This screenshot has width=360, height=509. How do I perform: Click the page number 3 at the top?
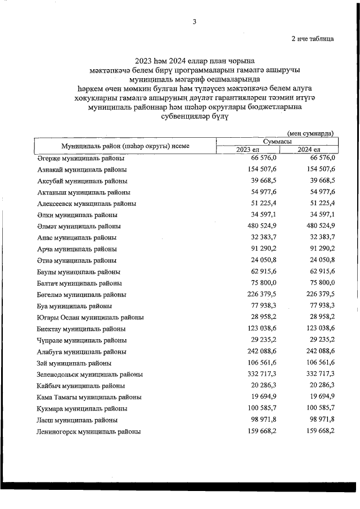[x=194, y=22]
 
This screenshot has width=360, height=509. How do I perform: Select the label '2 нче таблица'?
[x=312, y=39]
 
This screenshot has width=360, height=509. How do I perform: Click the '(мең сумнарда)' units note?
[x=310, y=133]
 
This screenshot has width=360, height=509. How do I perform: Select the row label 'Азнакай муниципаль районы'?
[x=82, y=169]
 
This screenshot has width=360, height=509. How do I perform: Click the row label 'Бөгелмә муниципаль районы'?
[x=81, y=295]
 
